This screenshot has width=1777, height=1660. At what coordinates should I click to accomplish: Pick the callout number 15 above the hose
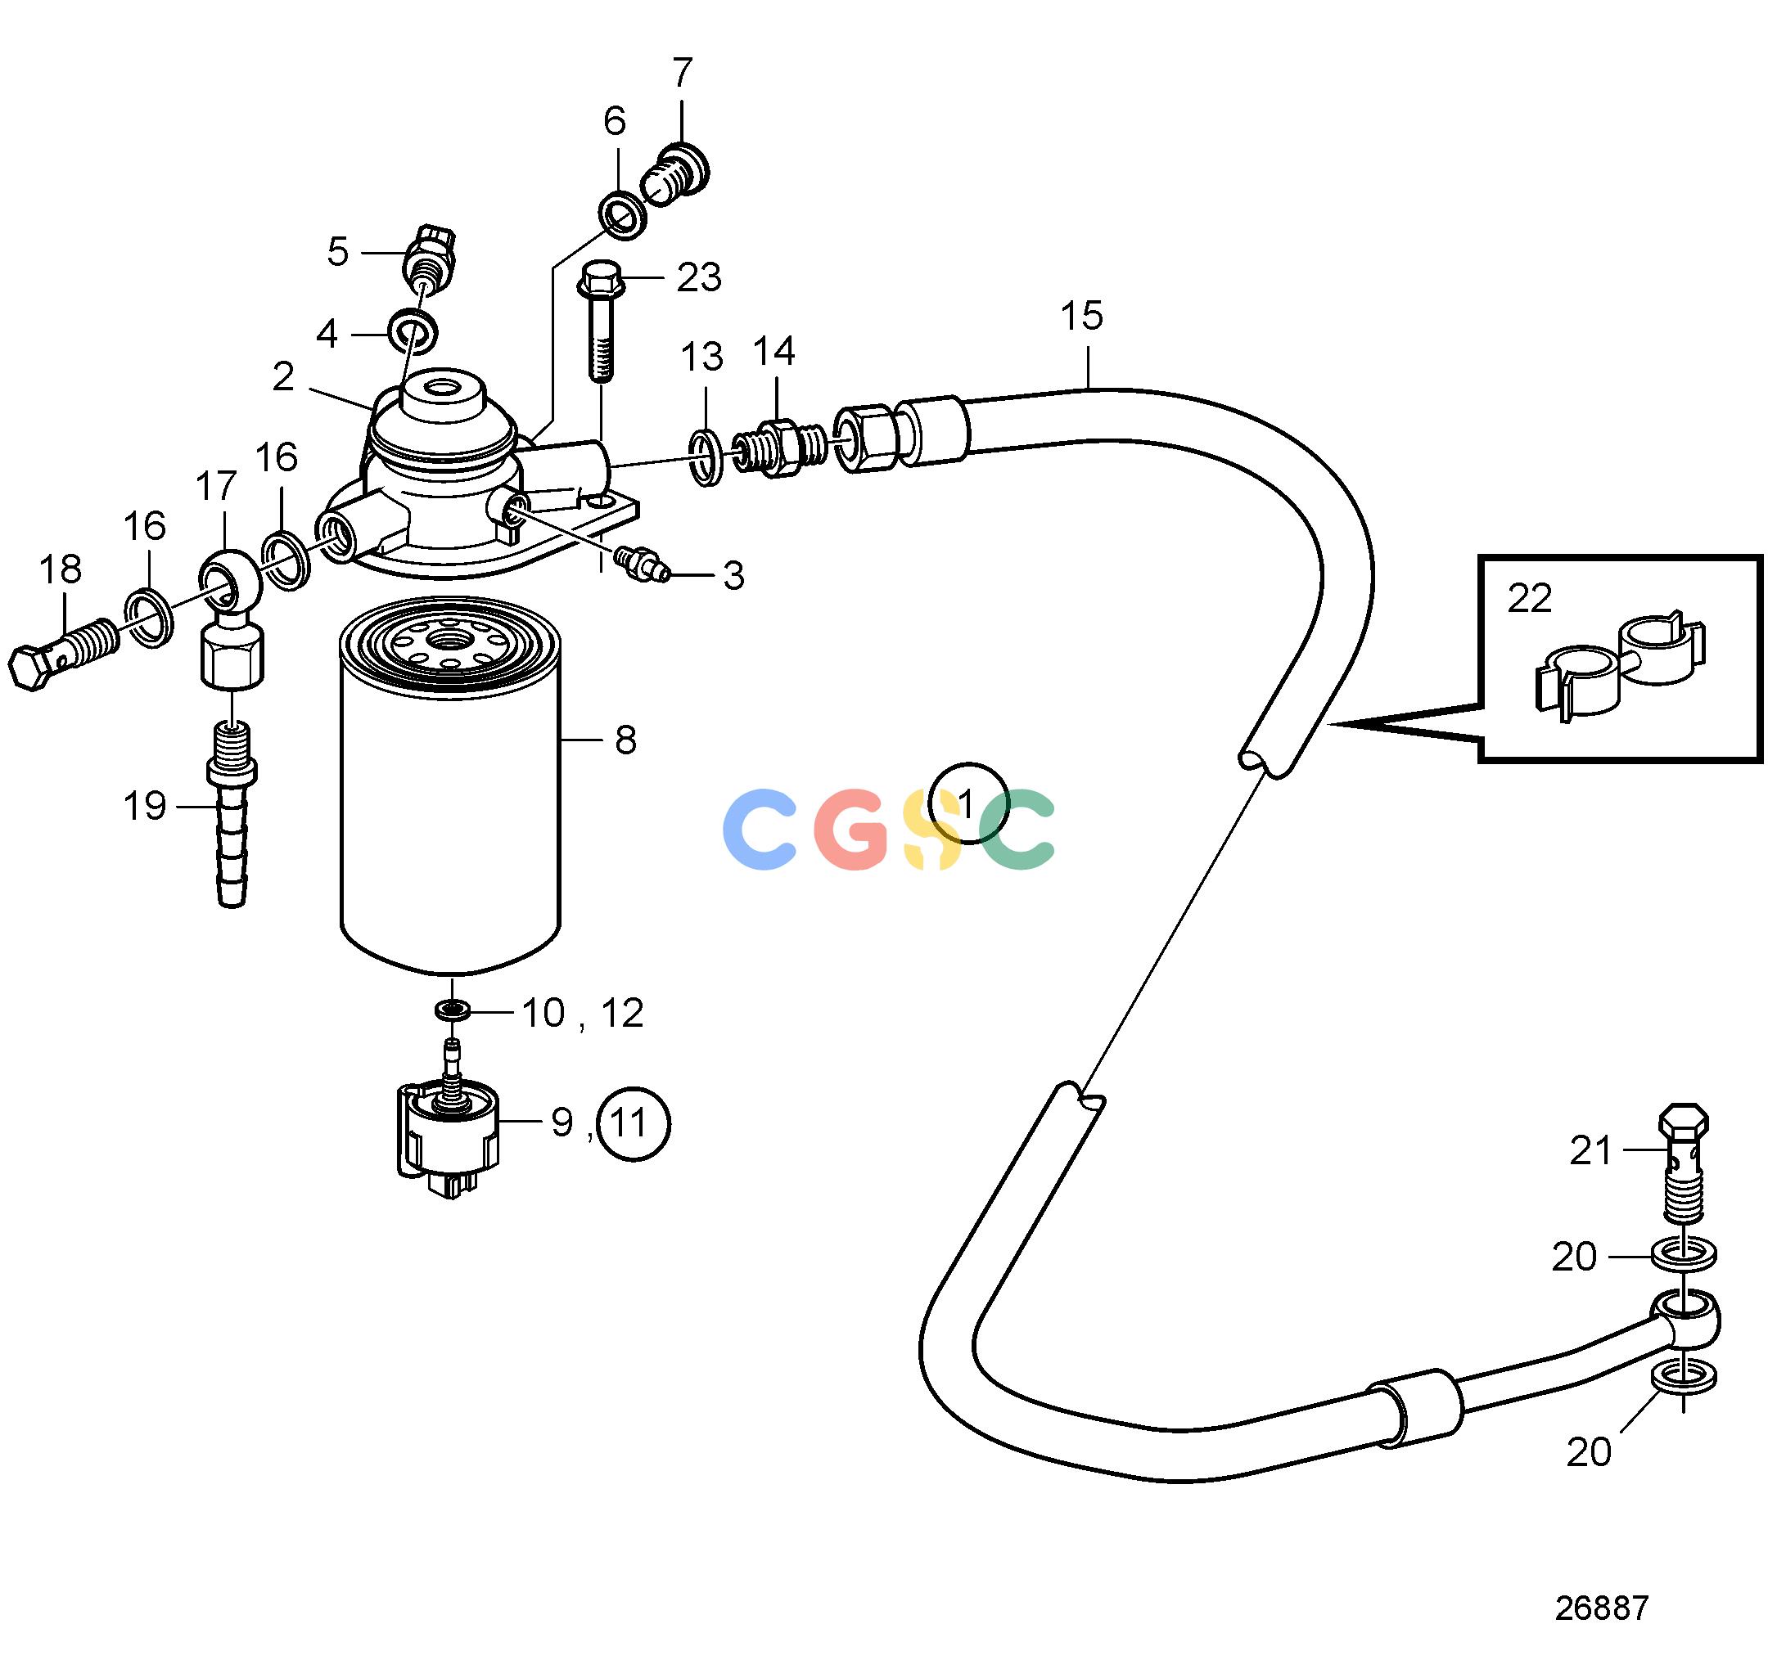click(x=1081, y=317)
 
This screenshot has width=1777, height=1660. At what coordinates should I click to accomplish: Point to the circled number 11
click(x=634, y=1123)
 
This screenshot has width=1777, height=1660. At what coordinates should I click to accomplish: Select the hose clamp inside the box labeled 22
click(x=1620, y=668)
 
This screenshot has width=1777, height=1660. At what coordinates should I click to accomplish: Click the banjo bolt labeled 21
click(x=1683, y=1163)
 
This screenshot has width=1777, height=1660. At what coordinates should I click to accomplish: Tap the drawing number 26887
click(x=1602, y=1608)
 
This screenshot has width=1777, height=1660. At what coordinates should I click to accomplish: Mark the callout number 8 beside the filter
click(x=625, y=740)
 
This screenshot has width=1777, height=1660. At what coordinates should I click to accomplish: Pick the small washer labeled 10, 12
click(x=453, y=1010)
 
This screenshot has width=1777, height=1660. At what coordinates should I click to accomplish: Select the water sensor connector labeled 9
click(x=448, y=1135)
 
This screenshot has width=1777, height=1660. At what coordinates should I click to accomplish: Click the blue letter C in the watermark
click(x=759, y=829)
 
